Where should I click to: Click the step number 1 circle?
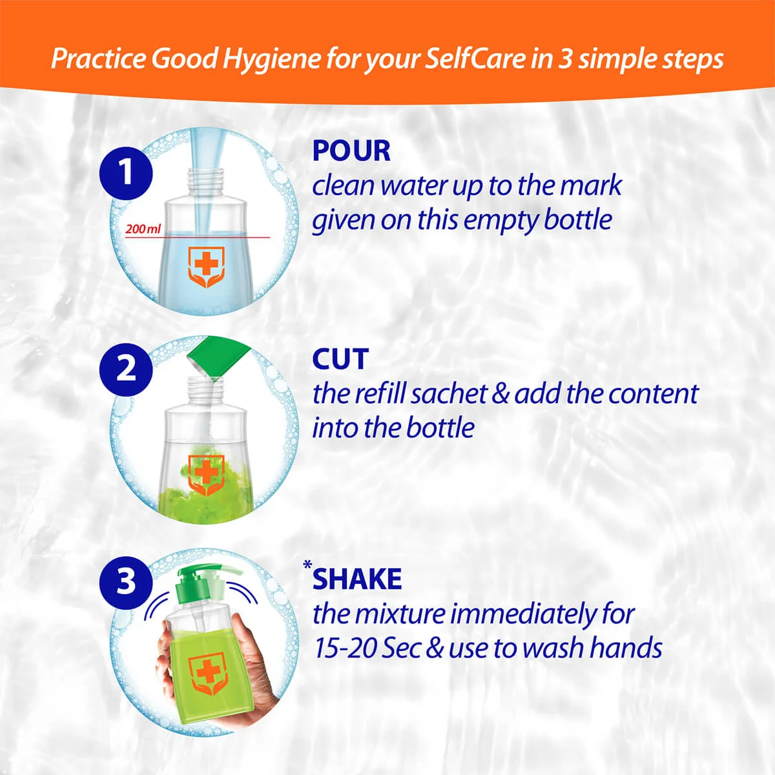tap(126, 172)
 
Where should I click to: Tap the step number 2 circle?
tap(126, 368)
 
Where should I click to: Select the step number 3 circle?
tap(126, 579)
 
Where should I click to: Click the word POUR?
tap(351, 151)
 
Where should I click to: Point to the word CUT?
tap(340, 360)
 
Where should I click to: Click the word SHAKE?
tap(357, 579)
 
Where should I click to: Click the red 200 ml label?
tap(143, 229)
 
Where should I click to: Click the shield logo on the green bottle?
tap(208, 673)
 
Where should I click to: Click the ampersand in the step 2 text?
tap(501, 394)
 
